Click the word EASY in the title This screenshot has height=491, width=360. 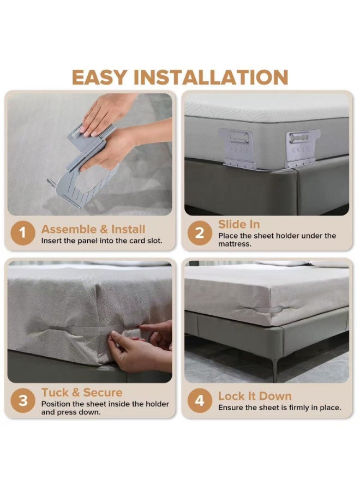pyautogui.click(x=100, y=77)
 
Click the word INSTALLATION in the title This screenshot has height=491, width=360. pyautogui.click(x=211, y=77)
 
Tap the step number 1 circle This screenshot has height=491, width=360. pyautogui.click(x=22, y=233)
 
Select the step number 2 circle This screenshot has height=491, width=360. pyautogui.click(x=200, y=233)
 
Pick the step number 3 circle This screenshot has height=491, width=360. pyautogui.click(x=22, y=400)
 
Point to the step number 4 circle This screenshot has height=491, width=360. pyautogui.click(x=200, y=400)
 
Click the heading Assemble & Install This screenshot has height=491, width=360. pyautogui.click(x=93, y=229)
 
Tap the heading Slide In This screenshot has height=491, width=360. pyautogui.click(x=239, y=224)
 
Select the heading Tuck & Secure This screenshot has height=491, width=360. pyautogui.click(x=82, y=392)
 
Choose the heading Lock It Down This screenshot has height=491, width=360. pyautogui.click(x=255, y=396)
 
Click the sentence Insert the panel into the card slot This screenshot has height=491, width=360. pyautogui.click(x=102, y=241)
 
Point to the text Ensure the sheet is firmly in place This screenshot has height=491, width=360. pyautogui.click(x=280, y=408)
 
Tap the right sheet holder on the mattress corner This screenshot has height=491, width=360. pyautogui.click(x=302, y=148)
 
